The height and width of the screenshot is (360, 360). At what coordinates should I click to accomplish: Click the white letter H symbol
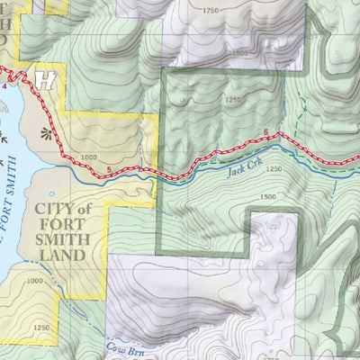click(x=44, y=79)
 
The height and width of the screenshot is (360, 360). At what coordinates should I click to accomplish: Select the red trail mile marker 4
click(x=4, y=86)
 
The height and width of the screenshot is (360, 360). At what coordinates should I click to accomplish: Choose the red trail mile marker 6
click(x=266, y=134)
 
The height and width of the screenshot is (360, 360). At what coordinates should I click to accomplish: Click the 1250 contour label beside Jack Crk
click(x=274, y=168)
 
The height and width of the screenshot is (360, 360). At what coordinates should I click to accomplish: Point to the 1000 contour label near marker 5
click(x=88, y=157)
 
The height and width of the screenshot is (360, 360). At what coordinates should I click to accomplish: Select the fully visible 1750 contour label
click(x=210, y=9)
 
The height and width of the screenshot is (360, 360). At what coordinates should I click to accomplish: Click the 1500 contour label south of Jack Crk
click(x=267, y=196)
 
